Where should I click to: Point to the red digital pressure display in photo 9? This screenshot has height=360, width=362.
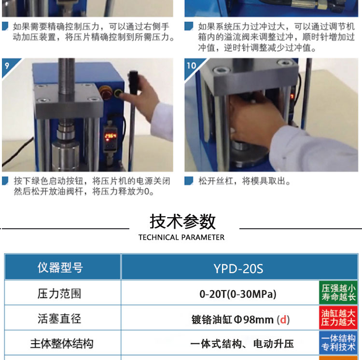click(111, 136)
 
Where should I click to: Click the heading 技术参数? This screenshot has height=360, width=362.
click(182, 222)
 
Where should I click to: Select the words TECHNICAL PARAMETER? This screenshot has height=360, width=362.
click(181, 237)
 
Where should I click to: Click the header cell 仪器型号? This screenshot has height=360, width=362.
click(60, 268)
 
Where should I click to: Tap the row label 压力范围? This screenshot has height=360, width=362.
click(59, 294)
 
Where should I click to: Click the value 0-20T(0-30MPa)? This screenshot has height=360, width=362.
click(238, 294)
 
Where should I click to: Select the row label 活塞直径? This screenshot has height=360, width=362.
click(59, 318)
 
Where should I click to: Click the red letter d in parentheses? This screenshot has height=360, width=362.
click(283, 320)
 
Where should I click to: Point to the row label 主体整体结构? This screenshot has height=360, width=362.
click(62, 344)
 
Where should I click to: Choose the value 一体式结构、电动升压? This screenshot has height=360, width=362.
click(242, 344)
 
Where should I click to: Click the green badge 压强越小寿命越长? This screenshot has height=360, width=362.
click(338, 292)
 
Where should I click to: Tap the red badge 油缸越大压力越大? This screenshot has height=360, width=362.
click(338, 318)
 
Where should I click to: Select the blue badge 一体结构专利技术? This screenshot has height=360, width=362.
click(338, 343)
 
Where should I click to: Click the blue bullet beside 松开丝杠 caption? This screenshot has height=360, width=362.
click(189, 180)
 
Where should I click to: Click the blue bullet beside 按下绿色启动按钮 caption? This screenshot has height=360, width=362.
click(5, 180)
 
